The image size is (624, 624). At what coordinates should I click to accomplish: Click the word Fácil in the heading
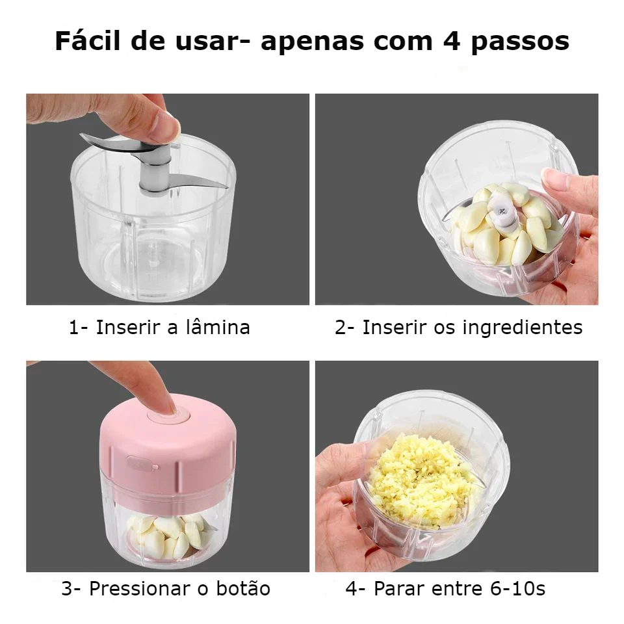point(88,40)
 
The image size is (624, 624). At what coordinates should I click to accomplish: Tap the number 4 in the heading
point(452,42)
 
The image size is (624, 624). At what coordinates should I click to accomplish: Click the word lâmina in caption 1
point(218,327)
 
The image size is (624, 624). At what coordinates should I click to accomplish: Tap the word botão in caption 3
point(243,588)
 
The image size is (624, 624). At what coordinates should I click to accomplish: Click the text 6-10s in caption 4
point(517,588)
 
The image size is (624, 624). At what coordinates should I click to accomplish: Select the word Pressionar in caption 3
point(140,588)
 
